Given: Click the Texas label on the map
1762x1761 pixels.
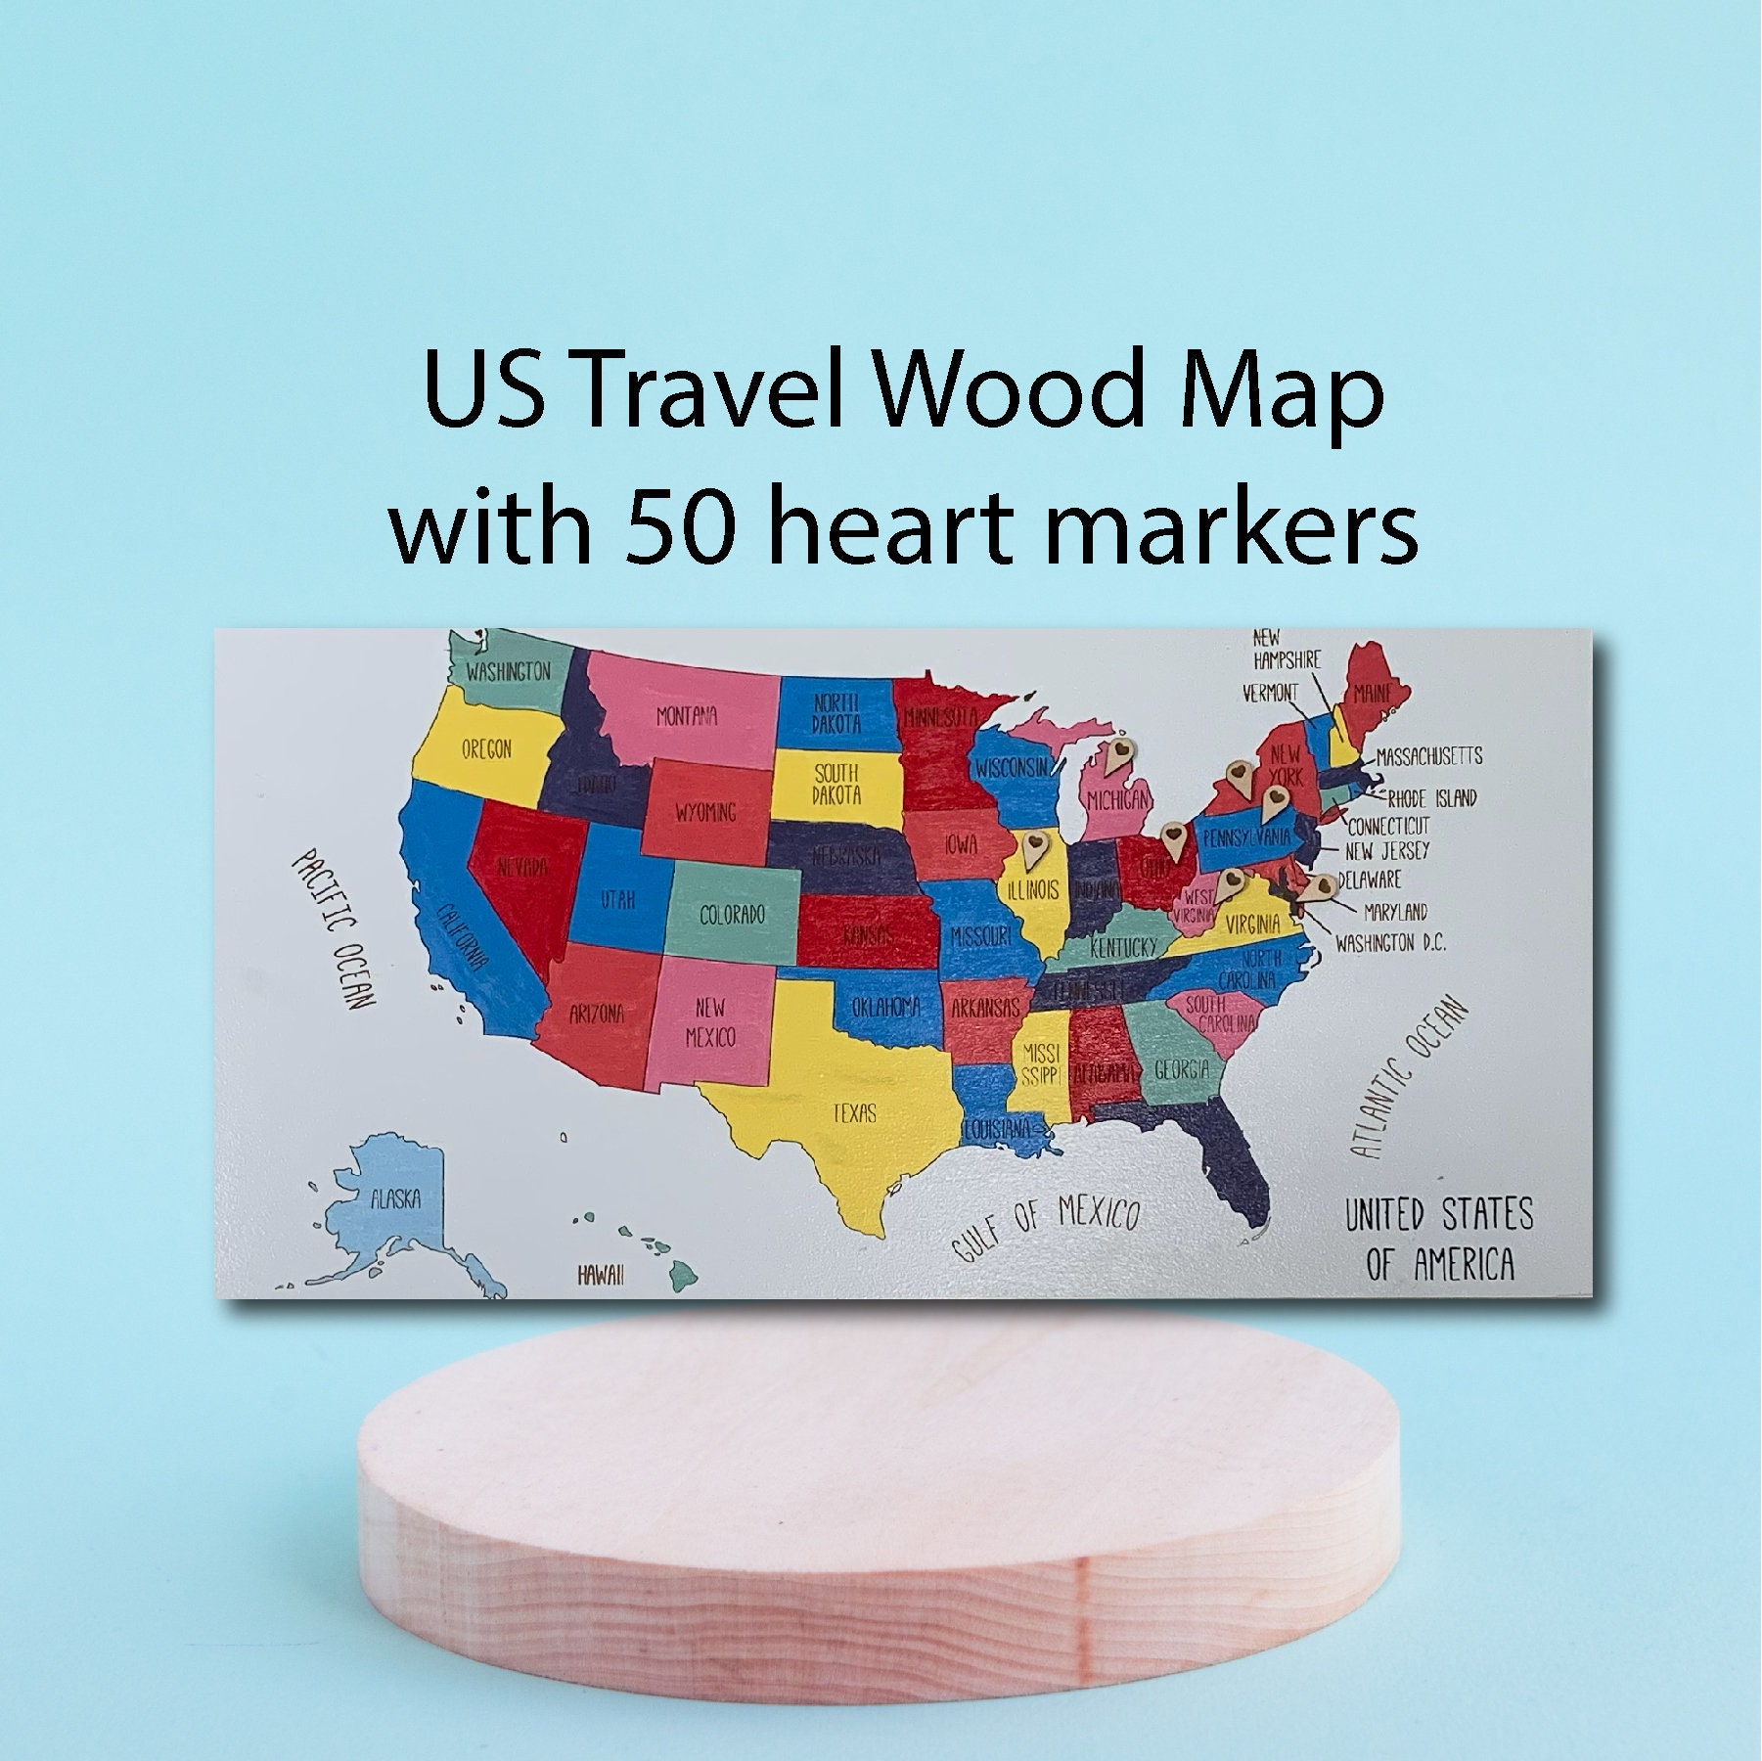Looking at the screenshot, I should [854, 1112].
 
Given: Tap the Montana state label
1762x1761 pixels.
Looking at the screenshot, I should [687, 716].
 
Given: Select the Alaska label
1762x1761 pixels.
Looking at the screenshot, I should [395, 1199].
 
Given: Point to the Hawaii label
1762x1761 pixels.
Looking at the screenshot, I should [601, 1275].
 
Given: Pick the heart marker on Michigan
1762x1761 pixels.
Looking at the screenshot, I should [1122, 753].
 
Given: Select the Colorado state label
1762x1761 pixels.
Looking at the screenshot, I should [732, 916].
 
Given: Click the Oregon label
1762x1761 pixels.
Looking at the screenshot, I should [486, 750].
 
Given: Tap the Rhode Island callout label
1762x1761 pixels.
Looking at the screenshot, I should [1432, 797].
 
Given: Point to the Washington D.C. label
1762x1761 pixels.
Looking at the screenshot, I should [1389, 943].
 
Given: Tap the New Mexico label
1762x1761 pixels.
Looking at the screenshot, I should [710, 1021].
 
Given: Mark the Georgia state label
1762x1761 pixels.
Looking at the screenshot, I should [1182, 1069].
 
